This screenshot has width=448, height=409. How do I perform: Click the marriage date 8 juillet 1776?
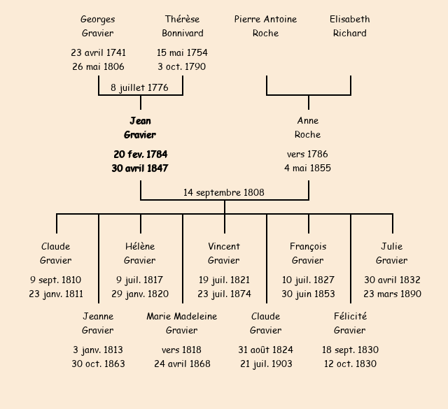pyautogui.click(x=140, y=87)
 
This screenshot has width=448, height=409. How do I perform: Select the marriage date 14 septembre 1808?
pyautogui.click(x=224, y=192)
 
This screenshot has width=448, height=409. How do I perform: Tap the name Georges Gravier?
pyautogui.click(x=98, y=26)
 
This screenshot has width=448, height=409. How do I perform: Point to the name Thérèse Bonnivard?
pyautogui.click(x=182, y=26)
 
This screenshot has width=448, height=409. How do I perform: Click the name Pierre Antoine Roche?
pyautogui.click(x=266, y=26)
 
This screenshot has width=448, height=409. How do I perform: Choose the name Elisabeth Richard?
pyautogui.click(x=350, y=26)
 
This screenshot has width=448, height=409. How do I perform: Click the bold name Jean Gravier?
pyautogui.click(x=140, y=128)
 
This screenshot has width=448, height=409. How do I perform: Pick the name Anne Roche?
pyautogui.click(x=308, y=128)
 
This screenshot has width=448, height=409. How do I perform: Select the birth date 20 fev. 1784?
pyautogui.click(x=140, y=154)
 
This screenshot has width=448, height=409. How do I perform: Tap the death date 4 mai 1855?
pyautogui.click(x=308, y=168)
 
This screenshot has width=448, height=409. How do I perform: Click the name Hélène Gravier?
pyautogui.click(x=140, y=253)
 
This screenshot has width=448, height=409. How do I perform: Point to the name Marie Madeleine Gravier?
pyautogui.click(x=182, y=323)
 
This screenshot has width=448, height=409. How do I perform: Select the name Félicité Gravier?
pyautogui.click(x=350, y=323)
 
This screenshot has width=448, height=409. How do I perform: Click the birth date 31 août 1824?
pyautogui.click(x=266, y=350)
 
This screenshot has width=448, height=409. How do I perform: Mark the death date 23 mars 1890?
pyautogui.click(x=392, y=294)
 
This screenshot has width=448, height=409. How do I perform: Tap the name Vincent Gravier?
pyautogui.click(x=224, y=253)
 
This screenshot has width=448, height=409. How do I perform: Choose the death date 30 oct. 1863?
pyautogui.click(x=98, y=364)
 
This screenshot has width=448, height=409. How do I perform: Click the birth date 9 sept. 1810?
pyautogui.click(x=56, y=280)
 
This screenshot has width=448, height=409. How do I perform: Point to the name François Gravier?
pyautogui.click(x=308, y=253)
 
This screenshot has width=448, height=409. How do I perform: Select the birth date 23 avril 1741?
pyautogui.click(x=98, y=52)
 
